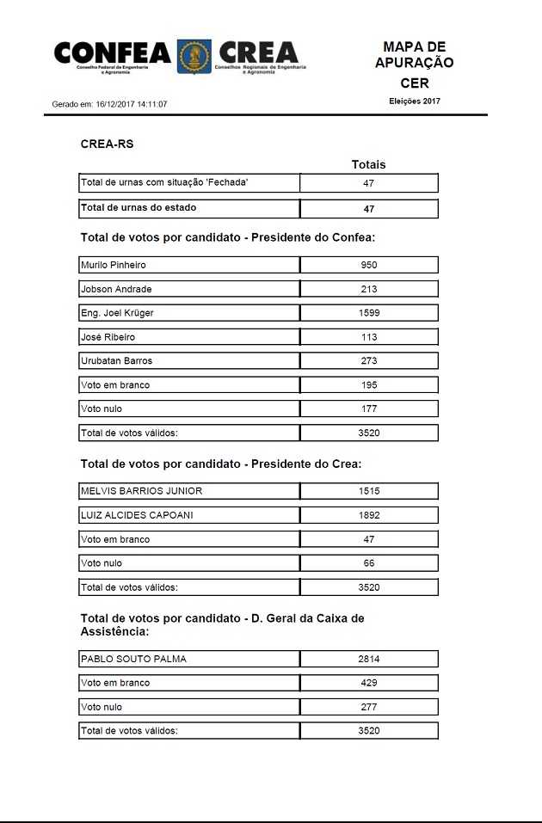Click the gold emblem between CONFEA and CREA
(x=194, y=57)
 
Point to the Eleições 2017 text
(x=414, y=101)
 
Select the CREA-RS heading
(x=107, y=144)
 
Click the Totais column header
(x=368, y=164)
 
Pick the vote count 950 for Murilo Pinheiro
(x=368, y=265)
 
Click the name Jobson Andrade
(x=115, y=289)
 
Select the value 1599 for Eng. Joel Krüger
(x=368, y=313)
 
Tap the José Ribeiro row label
(x=108, y=337)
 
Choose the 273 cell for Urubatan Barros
(x=368, y=361)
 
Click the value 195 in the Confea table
(x=368, y=385)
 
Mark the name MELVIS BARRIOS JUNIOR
(x=141, y=491)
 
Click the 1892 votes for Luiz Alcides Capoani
(x=368, y=515)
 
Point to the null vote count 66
(x=368, y=563)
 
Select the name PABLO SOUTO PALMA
(x=132, y=660)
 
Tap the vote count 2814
(x=368, y=660)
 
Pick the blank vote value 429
(x=368, y=683)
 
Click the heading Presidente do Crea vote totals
(x=220, y=464)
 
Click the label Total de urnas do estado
(x=138, y=208)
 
